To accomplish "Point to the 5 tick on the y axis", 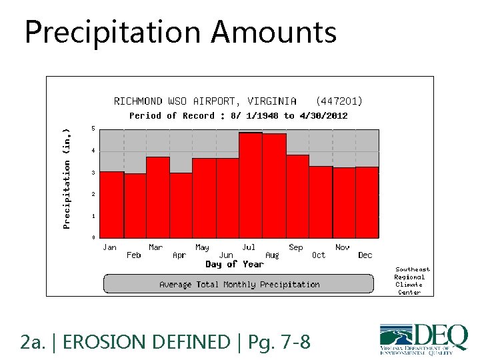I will [93, 129].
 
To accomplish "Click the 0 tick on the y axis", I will [93, 237].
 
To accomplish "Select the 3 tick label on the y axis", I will [93, 173].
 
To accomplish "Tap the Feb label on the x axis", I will [134, 255].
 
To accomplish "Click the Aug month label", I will [272, 255].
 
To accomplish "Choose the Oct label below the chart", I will [319, 255].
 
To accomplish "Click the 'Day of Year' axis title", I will [235, 265].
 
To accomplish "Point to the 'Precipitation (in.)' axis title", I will [67, 179].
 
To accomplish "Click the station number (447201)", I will [339, 101].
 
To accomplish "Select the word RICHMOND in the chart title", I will [138, 101].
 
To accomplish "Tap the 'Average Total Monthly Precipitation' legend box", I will [239, 284].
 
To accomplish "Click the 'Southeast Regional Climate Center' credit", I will [411, 281].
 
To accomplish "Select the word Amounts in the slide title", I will [275, 32].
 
